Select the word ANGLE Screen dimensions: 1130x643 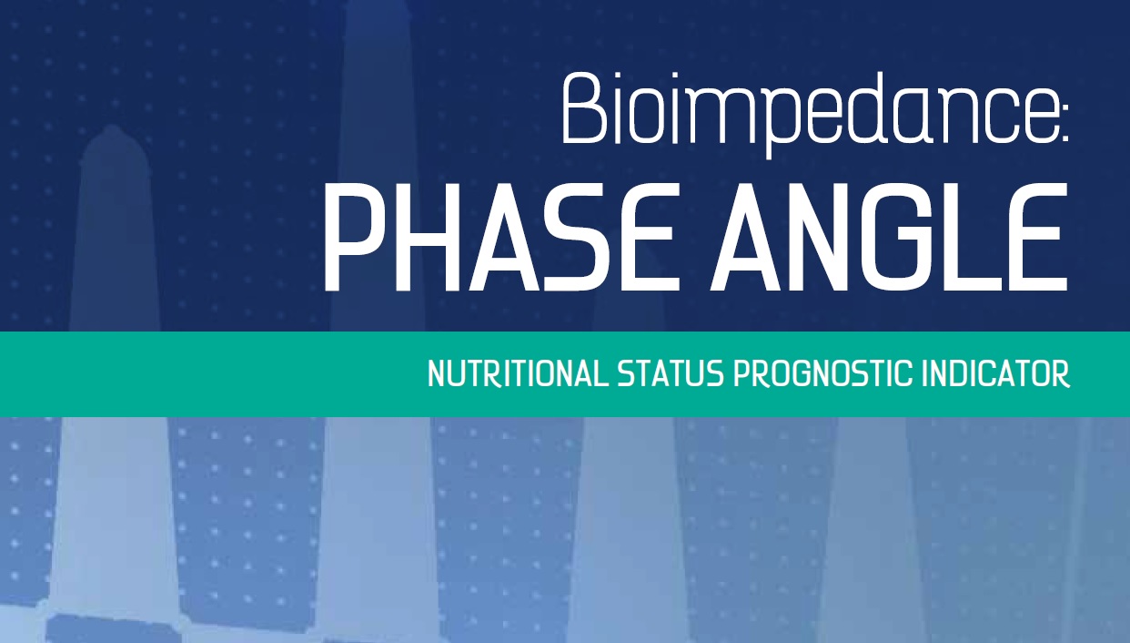point(889,237)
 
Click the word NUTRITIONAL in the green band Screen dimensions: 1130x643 point(518,373)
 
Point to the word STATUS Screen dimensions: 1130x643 point(671,373)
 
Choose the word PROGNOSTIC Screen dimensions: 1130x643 point(823,373)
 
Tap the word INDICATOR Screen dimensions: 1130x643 point(996,373)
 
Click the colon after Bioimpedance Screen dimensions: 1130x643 point(1064,121)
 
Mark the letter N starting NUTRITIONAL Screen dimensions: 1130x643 point(436,373)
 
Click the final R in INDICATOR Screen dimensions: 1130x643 point(1062,373)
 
